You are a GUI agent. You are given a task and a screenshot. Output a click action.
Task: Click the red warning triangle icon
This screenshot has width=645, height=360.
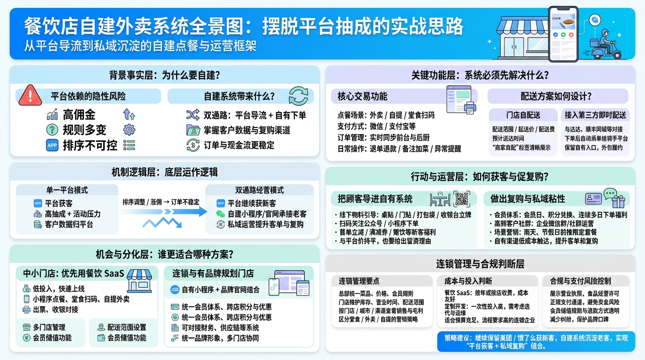pyautogui.click(x=30, y=96)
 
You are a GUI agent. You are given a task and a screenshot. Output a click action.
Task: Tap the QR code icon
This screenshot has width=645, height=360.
pyautogui.click(x=462, y=199)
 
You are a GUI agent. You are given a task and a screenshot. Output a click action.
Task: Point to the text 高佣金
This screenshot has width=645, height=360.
pyautogui.click(x=79, y=114)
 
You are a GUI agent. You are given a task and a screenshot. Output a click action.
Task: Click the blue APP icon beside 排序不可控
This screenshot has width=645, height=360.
pyautogui.click(x=52, y=145)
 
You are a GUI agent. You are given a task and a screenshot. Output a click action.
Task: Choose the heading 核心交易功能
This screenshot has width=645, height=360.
pyautogui.click(x=362, y=97)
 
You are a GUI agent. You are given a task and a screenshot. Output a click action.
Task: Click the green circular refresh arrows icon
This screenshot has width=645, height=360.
pyautogui.click(x=298, y=96)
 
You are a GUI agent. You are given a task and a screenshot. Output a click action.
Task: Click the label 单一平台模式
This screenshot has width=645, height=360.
pyautogui.click(x=67, y=190)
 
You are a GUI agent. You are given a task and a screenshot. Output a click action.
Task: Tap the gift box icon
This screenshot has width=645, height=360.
pyautogui.click(x=618, y=202)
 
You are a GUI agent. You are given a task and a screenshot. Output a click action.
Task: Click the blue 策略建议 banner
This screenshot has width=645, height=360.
pyautogui.click(x=536, y=342)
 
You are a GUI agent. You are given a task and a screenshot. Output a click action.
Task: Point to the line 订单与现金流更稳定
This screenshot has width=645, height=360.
pyautogui.click(x=239, y=145)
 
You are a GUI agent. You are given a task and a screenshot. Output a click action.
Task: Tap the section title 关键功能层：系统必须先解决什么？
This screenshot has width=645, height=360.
pyautogui.click(x=480, y=75)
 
